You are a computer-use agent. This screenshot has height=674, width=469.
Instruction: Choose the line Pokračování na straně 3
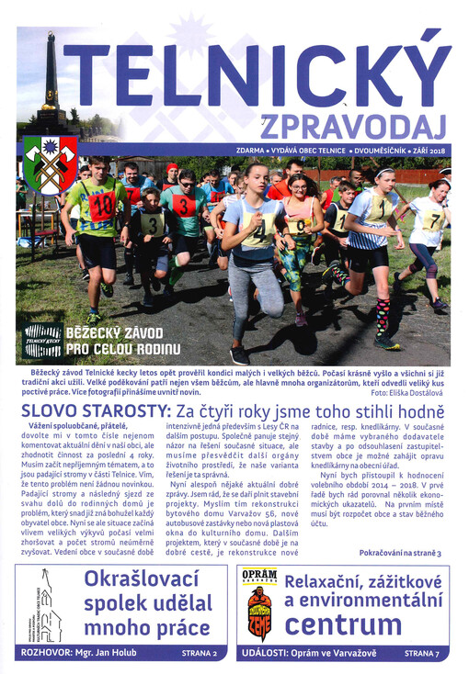(400, 554)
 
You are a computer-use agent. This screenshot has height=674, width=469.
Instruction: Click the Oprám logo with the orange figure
(259, 604)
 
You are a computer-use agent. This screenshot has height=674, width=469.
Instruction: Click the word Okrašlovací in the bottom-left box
(142, 580)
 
